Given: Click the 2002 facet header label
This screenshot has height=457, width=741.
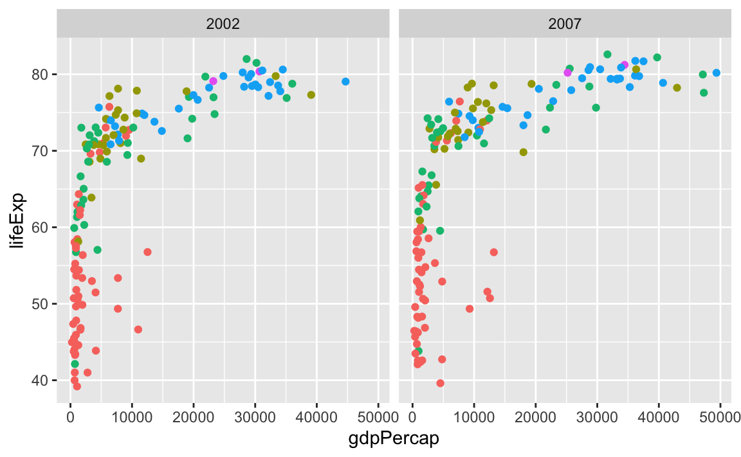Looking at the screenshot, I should click(223, 24).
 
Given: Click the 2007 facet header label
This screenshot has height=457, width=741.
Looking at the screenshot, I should click(565, 24).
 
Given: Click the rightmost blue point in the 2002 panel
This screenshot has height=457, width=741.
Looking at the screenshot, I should click(345, 82).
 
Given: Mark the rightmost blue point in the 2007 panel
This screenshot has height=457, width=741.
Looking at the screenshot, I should click(716, 73).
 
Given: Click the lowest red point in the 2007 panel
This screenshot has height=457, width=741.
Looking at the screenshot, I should click(440, 383).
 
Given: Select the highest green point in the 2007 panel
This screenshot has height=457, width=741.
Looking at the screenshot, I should click(607, 55).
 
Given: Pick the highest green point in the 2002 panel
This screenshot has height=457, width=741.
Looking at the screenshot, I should click(246, 59).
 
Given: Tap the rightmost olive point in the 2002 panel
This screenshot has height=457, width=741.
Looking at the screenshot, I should click(311, 95).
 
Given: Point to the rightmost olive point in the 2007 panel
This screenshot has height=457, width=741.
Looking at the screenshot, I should click(677, 87).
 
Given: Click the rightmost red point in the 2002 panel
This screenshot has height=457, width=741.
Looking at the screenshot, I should click(147, 252).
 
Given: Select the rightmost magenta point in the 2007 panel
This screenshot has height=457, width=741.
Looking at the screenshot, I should click(625, 65).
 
